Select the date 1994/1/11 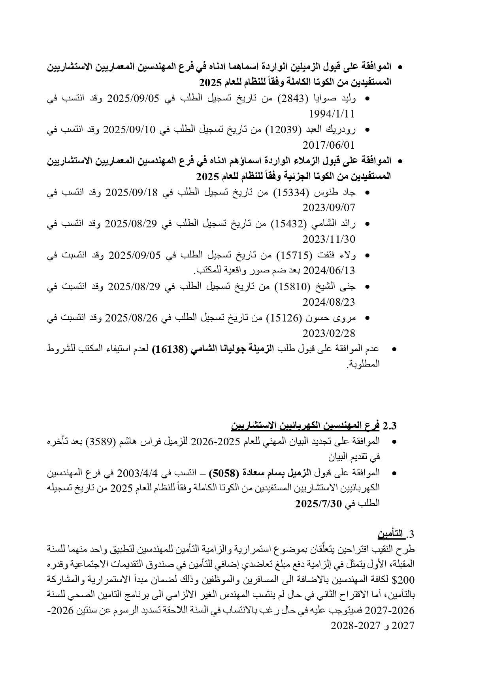(332, 114)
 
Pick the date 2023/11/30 (329, 240)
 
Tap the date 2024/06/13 (329, 271)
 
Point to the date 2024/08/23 (329, 303)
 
